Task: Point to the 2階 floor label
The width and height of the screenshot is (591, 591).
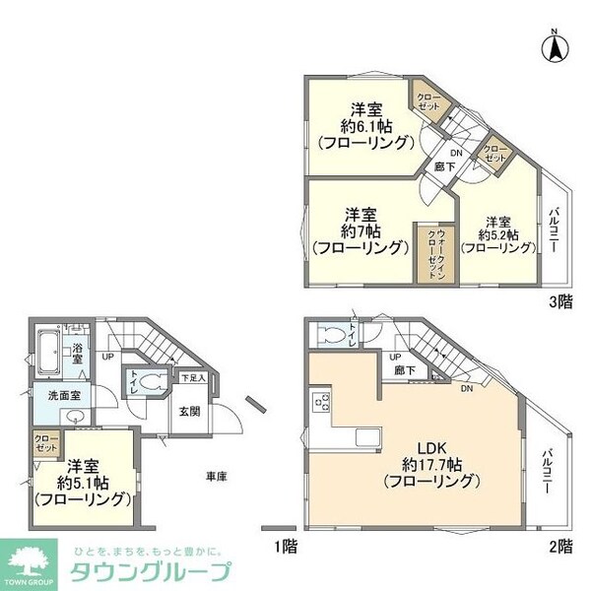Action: tap(561, 545)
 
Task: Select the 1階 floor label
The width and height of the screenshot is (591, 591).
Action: tap(285, 545)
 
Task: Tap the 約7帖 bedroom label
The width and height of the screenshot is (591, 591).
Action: tap(359, 230)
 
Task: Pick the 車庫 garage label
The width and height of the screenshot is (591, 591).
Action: tap(217, 477)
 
